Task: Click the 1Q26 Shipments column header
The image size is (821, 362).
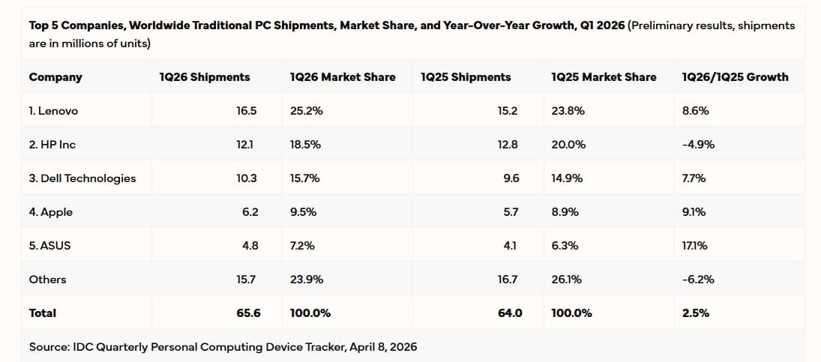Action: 205,76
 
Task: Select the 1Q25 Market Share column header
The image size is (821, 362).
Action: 604,76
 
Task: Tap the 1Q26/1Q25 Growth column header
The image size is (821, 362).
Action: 735,76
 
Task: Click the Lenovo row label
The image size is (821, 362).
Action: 53,111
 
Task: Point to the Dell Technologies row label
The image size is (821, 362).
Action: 82,178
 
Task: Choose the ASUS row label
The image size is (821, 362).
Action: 49,246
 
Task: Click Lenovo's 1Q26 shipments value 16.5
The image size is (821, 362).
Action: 247,111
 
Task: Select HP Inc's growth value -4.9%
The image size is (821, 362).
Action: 698,145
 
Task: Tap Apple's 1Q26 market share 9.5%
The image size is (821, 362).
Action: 303,212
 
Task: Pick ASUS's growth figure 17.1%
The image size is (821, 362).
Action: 695,246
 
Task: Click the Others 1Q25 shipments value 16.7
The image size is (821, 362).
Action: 508,280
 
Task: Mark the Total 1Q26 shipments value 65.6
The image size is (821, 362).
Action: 248,313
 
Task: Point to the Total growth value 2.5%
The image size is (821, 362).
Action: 695,313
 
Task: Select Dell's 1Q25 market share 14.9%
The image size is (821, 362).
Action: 567,178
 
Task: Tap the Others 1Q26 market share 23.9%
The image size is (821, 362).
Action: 307,280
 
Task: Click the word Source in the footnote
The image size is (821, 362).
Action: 47,347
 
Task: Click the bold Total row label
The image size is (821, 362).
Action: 43,313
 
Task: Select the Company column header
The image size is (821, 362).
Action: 55,76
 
